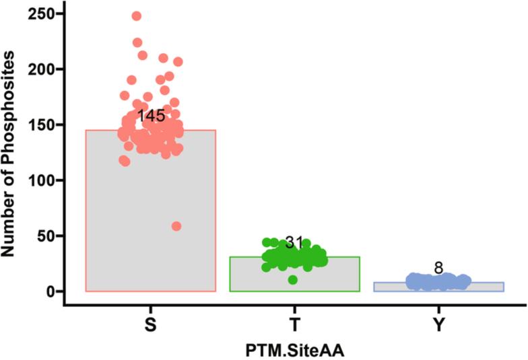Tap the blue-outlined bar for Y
pyautogui.click(x=438, y=287)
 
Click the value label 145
pyautogui.click(x=151, y=116)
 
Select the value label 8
pyautogui.click(x=438, y=268)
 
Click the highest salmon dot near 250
pyautogui.click(x=137, y=16)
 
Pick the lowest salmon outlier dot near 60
pyautogui.click(x=176, y=226)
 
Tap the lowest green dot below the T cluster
pyautogui.click(x=293, y=280)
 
